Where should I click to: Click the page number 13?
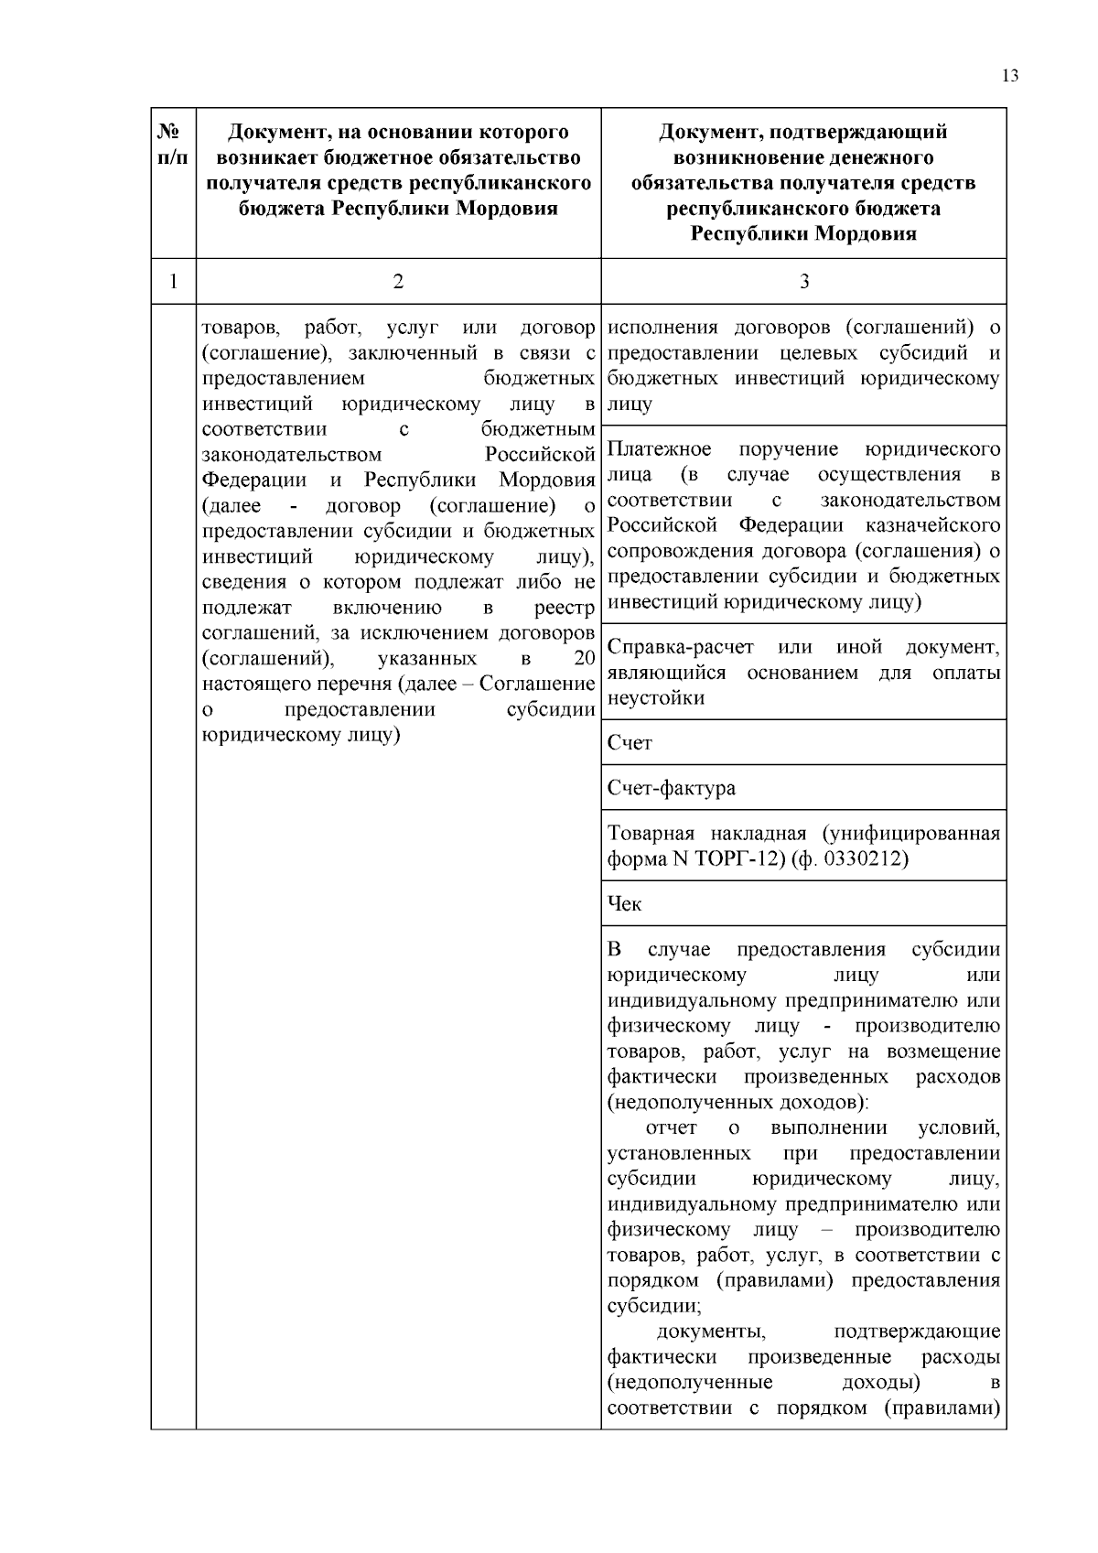1009,76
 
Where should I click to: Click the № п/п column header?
173,145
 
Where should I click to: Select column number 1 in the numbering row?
173,282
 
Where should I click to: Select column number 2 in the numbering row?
398,282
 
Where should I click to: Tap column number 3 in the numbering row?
803,282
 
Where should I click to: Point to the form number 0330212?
867,859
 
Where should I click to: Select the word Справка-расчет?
680,647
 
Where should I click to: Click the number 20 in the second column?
584,659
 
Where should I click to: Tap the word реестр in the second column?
565,608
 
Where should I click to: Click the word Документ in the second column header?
274,133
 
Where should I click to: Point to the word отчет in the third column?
671,1128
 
